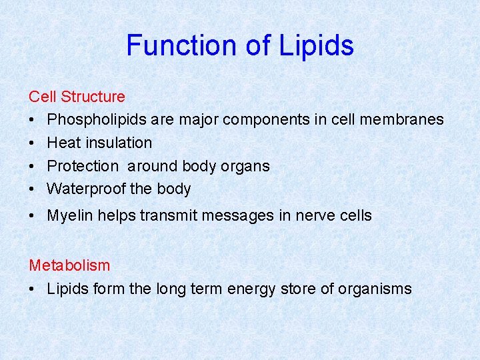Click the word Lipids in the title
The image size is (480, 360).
point(316,45)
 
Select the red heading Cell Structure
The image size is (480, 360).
point(77,97)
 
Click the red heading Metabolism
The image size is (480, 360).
point(69,265)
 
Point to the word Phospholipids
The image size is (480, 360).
point(97,119)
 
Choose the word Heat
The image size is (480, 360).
point(63,143)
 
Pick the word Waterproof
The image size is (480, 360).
point(86,189)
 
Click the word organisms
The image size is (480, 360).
point(375,289)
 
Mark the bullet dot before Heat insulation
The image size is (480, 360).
point(33,143)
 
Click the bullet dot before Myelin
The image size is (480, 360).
point(33,216)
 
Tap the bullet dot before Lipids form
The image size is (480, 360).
point(33,289)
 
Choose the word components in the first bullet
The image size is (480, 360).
point(265,119)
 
